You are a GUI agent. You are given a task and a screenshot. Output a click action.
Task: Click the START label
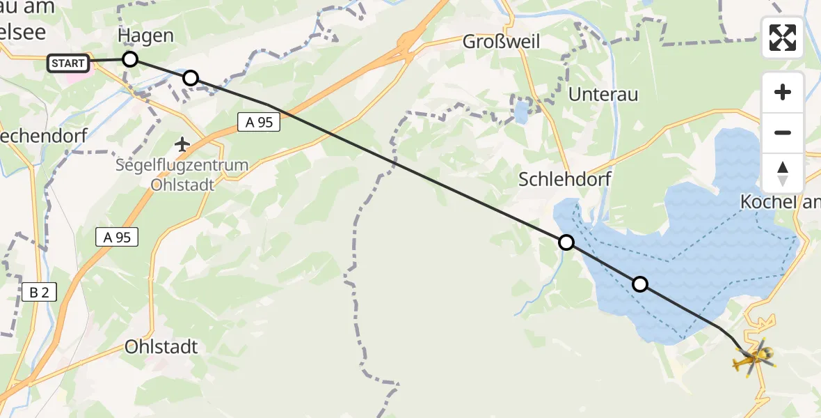(69, 63)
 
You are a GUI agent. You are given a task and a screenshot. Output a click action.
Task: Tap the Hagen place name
(145, 36)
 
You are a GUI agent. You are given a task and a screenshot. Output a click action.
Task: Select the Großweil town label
(501, 42)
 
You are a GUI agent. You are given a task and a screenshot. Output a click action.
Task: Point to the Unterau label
(603, 95)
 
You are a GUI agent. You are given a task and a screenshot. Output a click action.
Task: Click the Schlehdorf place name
(565, 179)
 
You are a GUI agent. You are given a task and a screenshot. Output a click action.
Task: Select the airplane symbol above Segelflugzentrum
(183, 144)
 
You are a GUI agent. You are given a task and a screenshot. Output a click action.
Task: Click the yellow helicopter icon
(753, 358)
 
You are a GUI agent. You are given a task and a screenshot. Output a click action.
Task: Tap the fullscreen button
(783, 38)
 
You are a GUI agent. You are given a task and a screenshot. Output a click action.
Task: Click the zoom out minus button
(783, 132)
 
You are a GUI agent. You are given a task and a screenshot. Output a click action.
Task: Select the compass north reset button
(783, 173)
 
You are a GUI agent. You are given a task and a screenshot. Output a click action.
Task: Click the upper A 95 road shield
(259, 123)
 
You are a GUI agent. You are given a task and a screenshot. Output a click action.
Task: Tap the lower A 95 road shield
(117, 238)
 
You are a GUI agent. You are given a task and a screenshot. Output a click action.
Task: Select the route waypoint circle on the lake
(639, 284)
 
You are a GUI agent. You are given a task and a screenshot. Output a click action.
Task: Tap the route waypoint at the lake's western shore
(566, 242)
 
